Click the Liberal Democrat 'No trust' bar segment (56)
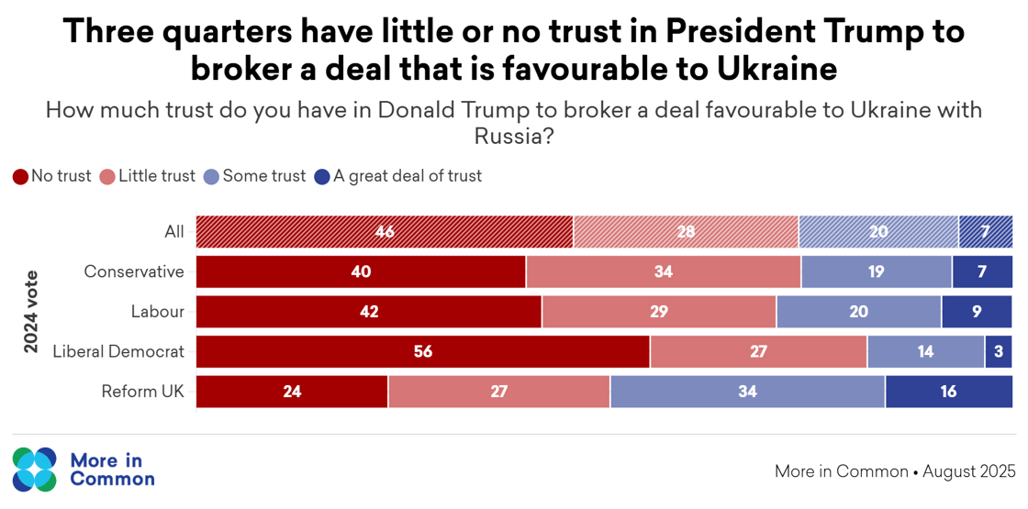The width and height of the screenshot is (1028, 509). tap(423, 351)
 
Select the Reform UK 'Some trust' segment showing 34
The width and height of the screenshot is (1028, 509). tap(747, 392)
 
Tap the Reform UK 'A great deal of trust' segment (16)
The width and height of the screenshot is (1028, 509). tap(948, 392)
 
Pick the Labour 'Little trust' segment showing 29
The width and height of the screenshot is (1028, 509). tap(659, 312)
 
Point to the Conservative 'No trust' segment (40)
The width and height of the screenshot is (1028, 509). tap(361, 271)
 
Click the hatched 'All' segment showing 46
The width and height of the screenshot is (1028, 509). tap(385, 232)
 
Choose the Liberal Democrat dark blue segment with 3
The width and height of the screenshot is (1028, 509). tap(999, 351)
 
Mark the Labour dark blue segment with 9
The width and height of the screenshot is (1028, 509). tap(977, 312)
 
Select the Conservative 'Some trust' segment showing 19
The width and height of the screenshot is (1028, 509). tap(877, 271)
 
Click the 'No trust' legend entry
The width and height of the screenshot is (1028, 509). tap(52, 176)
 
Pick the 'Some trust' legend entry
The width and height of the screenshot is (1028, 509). tap(255, 176)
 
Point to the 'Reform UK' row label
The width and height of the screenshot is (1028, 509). tap(142, 392)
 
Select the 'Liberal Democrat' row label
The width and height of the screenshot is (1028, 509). tap(118, 351)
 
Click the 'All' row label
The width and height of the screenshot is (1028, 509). tap(173, 232)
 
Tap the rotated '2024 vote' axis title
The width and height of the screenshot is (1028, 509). tap(31, 312)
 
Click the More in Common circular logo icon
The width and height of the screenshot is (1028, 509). tap(35, 469)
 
